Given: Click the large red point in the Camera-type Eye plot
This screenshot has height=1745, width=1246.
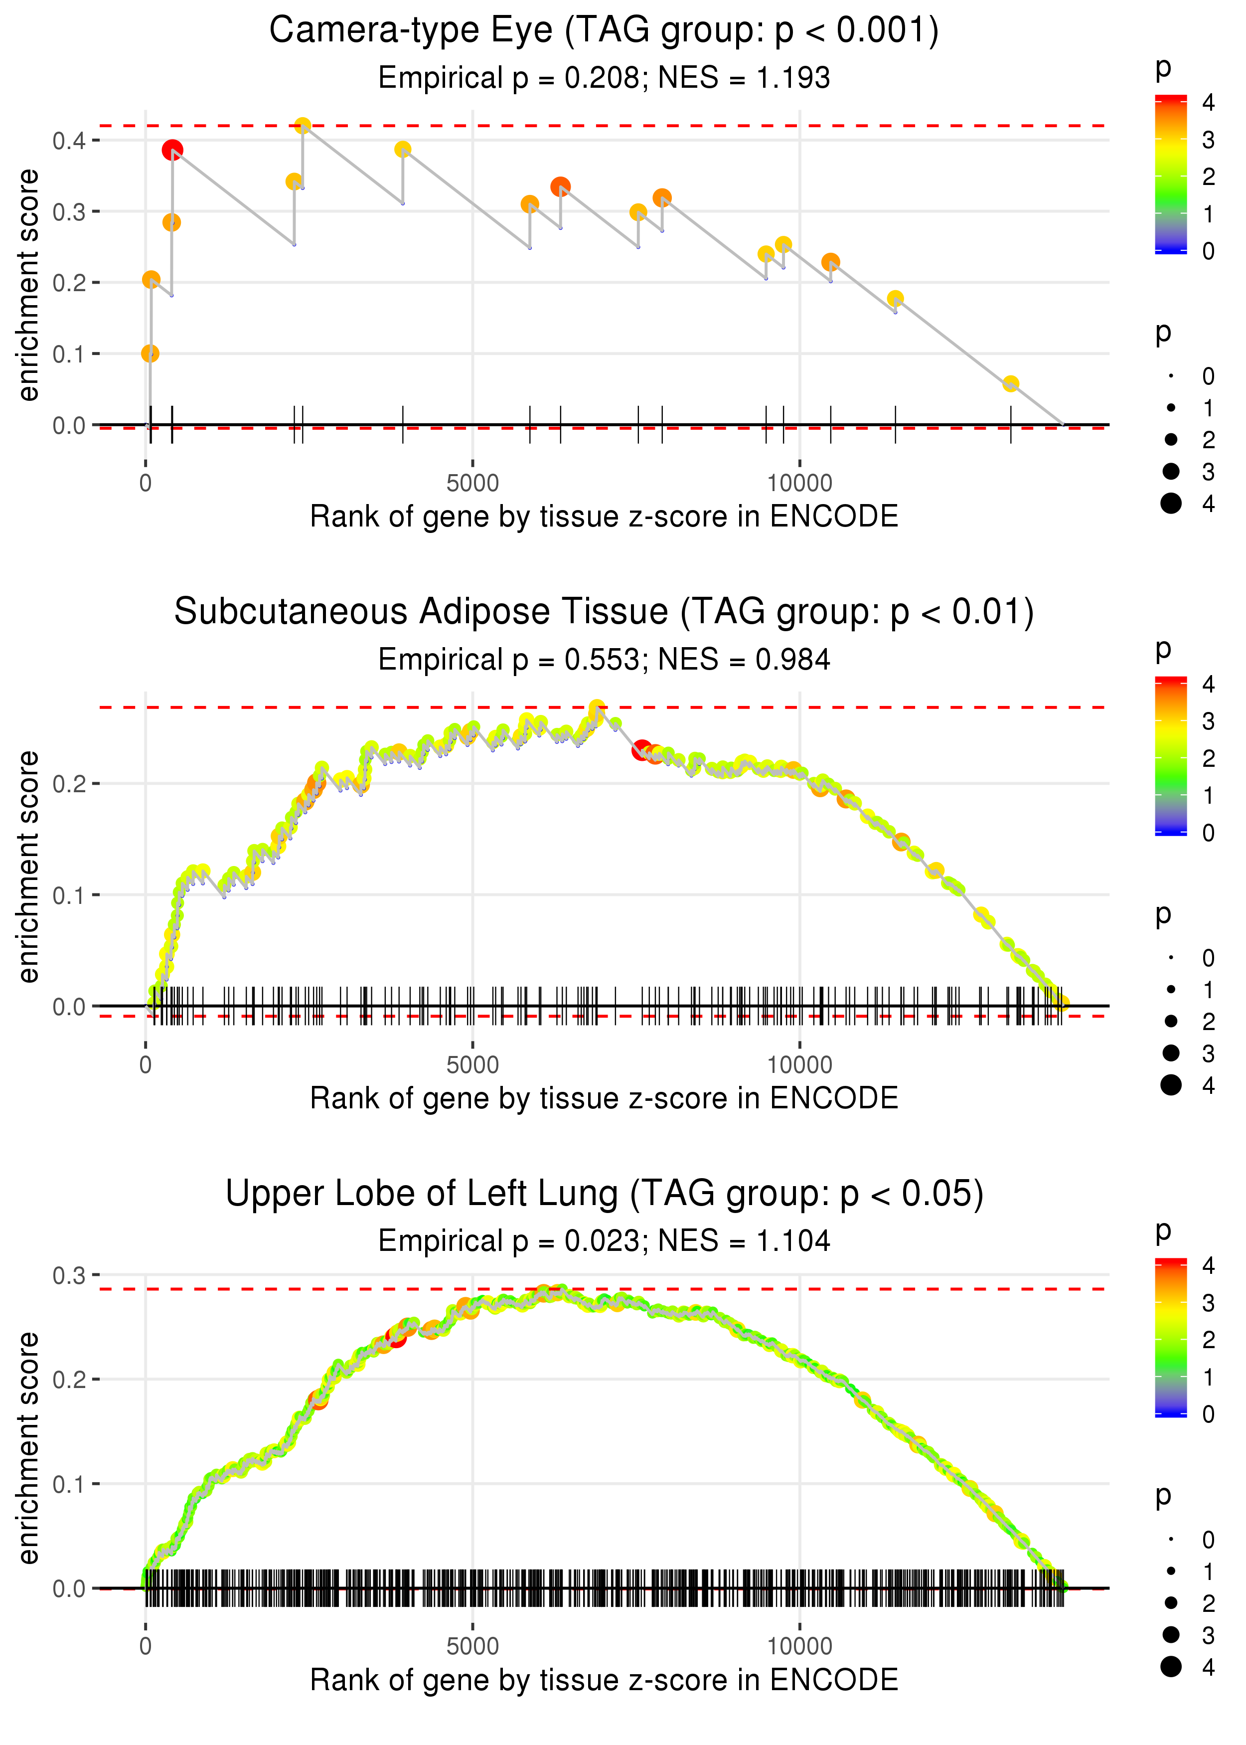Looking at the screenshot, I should pyautogui.click(x=172, y=150).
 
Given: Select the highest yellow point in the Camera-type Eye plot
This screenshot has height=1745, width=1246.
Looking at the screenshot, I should pyautogui.click(x=303, y=125).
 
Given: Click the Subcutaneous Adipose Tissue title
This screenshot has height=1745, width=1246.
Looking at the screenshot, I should pyautogui.click(x=604, y=612).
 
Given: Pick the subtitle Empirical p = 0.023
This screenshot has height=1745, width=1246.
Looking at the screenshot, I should pyautogui.click(x=604, y=1241).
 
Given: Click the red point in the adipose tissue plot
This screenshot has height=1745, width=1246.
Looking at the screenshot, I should pyautogui.click(x=642, y=750).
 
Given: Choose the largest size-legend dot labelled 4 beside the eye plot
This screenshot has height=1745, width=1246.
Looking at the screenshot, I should pyautogui.click(x=1171, y=504).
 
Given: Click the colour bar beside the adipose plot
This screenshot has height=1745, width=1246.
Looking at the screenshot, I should pyautogui.click(x=1171, y=756).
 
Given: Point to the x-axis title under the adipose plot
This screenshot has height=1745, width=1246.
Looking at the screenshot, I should pyautogui.click(x=604, y=1098).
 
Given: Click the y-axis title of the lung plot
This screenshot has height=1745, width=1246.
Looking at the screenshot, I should pyautogui.click(x=28, y=1448).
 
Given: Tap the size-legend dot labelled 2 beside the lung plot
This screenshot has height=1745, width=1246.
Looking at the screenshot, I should pyautogui.click(x=1171, y=1603).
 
